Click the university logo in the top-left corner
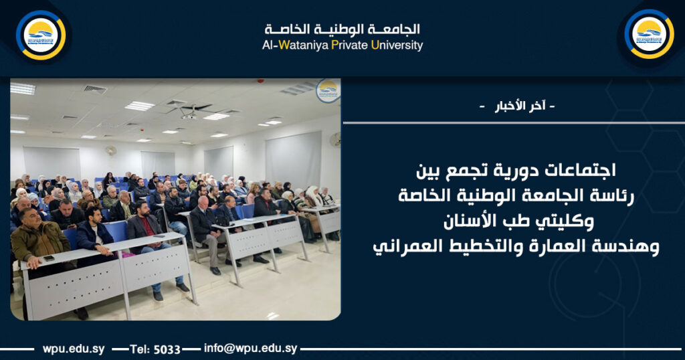(41, 35)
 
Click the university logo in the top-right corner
(648, 34)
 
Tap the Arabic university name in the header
(342, 29)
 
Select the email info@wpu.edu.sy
(250, 349)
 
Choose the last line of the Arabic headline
(516, 246)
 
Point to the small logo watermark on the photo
(328, 90)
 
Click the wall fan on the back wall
(111, 151)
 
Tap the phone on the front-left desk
(48, 258)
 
